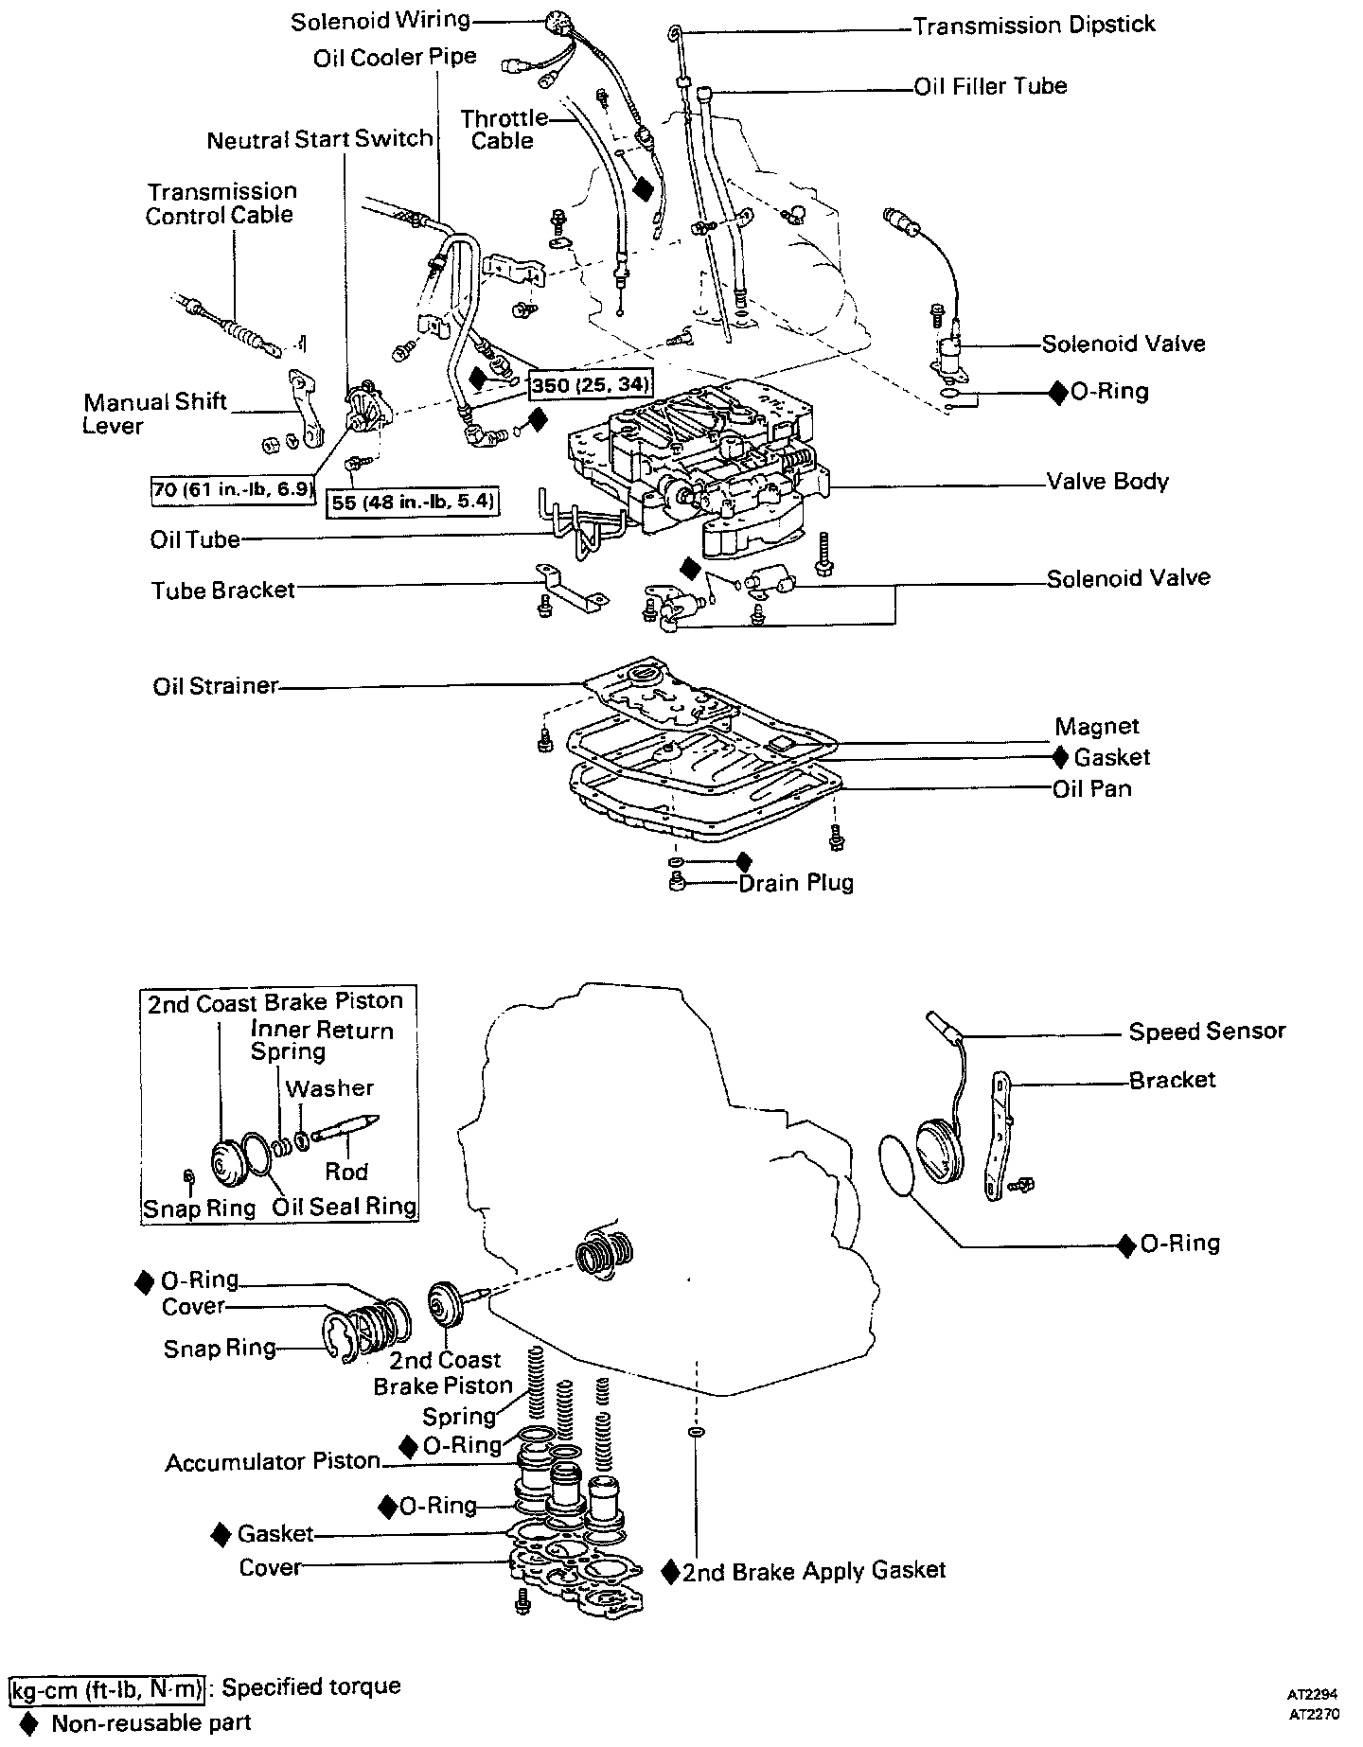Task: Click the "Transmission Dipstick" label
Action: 1034,26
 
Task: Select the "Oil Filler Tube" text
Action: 990,87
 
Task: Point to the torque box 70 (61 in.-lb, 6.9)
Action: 233,489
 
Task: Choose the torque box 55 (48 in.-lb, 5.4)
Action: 414,502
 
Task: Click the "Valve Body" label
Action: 1107,482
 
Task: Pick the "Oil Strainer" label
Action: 216,686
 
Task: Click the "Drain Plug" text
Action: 796,883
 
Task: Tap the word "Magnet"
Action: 1097,727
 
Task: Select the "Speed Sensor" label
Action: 1207,1032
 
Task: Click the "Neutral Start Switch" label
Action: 320,140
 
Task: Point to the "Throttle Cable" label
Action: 504,130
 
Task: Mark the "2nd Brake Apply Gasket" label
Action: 814,1572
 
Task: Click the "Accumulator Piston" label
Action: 273,1462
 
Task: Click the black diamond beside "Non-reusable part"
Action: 29,1723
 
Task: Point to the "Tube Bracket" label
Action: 223,591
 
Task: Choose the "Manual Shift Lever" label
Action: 154,414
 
